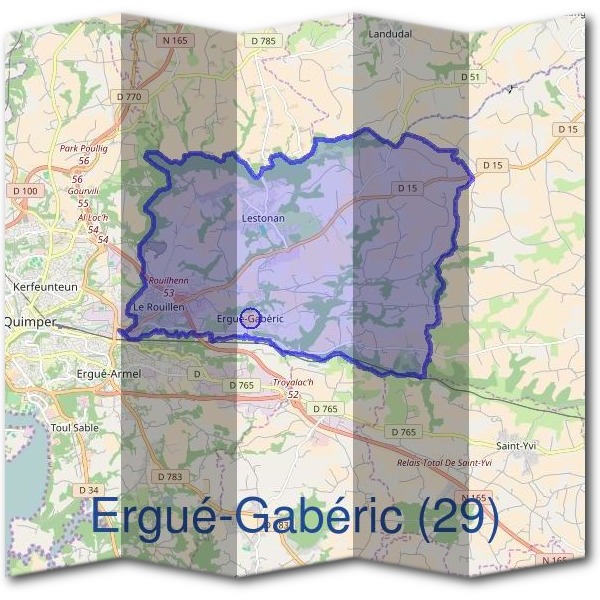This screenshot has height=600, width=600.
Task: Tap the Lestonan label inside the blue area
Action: point(264,217)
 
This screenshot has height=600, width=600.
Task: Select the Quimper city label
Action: point(30,322)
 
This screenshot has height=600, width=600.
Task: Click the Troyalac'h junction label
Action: point(294,383)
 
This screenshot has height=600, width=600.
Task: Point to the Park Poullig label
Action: point(83,148)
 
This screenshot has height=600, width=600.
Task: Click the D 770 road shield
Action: point(130,96)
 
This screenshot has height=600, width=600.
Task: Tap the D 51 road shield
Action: point(472,77)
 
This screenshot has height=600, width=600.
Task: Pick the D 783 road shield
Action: point(168,476)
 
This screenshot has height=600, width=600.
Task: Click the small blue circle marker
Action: point(251,318)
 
